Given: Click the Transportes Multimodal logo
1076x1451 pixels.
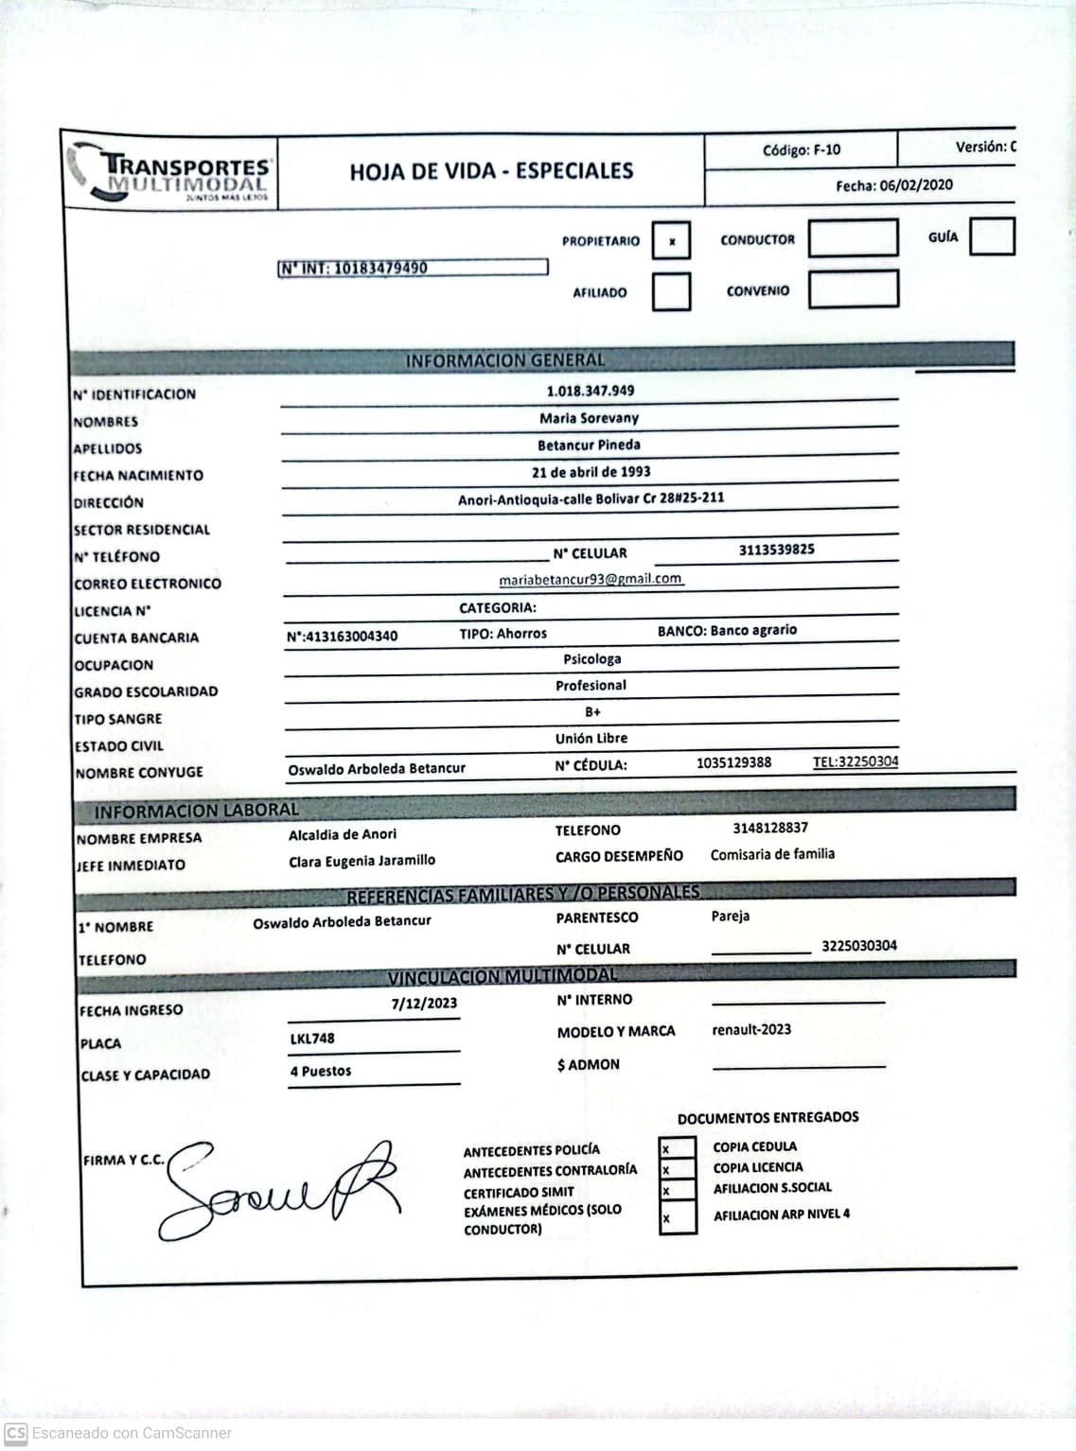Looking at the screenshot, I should (171, 173).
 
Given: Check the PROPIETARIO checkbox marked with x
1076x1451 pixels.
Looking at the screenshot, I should (671, 240).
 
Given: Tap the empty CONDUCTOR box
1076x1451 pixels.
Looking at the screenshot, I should (853, 238).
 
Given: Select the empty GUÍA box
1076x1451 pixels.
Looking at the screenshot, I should (992, 236).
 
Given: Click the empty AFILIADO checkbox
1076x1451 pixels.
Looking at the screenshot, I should (671, 291).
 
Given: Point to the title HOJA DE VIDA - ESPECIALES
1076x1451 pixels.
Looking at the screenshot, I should (491, 171).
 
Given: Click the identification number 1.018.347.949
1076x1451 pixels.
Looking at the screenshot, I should (591, 391).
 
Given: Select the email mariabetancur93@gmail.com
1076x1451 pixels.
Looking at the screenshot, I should (591, 579).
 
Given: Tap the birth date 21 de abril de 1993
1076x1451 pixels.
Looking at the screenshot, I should (591, 472).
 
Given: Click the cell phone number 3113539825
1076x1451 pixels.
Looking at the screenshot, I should (776, 550).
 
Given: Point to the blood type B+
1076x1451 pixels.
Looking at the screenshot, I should (592, 712).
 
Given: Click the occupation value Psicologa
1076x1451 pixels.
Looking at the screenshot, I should (592, 659).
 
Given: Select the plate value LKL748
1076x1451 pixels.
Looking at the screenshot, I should (312, 1039).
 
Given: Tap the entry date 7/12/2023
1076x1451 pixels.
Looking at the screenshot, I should (424, 1004).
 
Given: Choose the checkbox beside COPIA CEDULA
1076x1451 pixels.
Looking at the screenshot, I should (677, 1149).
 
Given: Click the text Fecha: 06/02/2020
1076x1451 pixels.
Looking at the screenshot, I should (893, 185).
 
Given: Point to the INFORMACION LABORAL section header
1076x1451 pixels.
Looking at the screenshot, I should (196, 811).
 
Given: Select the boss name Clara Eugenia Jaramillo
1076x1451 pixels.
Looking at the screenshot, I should (362, 861).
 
